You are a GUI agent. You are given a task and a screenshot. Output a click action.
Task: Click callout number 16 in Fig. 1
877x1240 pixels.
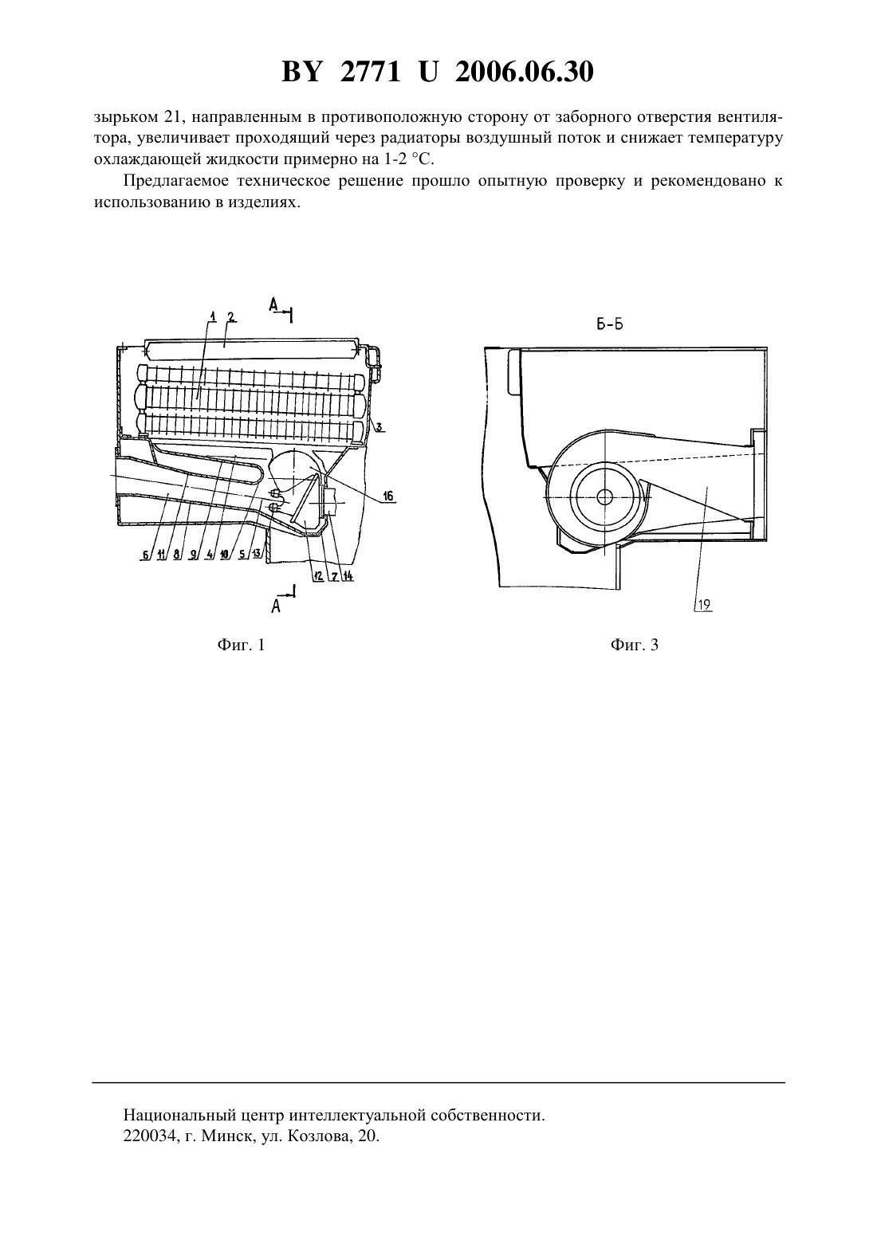click(388, 496)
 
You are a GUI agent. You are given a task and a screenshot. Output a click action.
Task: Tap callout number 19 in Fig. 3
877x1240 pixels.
click(704, 605)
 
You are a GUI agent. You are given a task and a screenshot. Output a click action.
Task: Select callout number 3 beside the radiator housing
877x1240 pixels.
click(380, 427)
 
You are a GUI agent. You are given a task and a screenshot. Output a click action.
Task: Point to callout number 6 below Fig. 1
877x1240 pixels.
click(146, 555)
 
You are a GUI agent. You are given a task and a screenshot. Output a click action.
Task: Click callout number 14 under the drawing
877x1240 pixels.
click(348, 575)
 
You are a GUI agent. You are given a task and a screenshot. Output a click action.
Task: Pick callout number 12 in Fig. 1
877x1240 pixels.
click(318, 575)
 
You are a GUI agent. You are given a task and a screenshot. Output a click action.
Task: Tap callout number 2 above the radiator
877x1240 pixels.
click(231, 317)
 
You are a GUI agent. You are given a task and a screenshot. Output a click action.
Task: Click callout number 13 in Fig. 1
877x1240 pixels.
click(257, 554)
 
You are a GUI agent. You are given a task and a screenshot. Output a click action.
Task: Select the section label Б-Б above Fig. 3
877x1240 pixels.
click(610, 324)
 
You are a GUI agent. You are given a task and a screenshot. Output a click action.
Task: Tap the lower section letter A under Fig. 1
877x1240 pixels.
click(276, 606)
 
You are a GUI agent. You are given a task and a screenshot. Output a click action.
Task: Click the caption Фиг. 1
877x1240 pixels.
click(241, 645)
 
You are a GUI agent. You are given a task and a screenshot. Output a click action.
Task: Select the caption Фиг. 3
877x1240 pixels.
click(635, 645)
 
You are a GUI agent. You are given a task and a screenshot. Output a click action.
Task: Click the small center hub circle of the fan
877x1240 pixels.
click(604, 497)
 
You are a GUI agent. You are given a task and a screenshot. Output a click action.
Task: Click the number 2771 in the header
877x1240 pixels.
click(370, 72)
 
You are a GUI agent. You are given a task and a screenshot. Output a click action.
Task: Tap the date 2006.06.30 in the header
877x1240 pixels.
click(525, 72)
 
